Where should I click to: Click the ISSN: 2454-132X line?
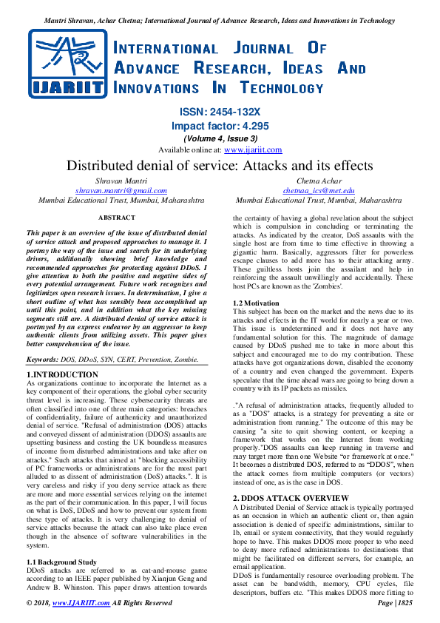tap(220, 112)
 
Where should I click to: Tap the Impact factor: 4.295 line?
tap(220, 125)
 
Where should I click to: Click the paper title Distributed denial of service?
tap(220, 165)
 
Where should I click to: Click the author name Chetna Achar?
tap(318, 181)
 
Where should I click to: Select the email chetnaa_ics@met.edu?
tap(318, 190)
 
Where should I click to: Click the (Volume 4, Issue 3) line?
tap(220, 138)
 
